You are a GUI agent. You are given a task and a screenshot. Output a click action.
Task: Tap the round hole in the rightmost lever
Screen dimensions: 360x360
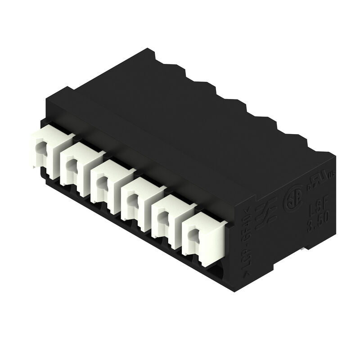[193, 234]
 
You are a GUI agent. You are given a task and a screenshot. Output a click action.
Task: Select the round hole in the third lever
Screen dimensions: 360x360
[101, 183]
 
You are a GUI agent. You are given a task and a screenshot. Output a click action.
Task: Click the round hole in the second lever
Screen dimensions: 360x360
[70, 165]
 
